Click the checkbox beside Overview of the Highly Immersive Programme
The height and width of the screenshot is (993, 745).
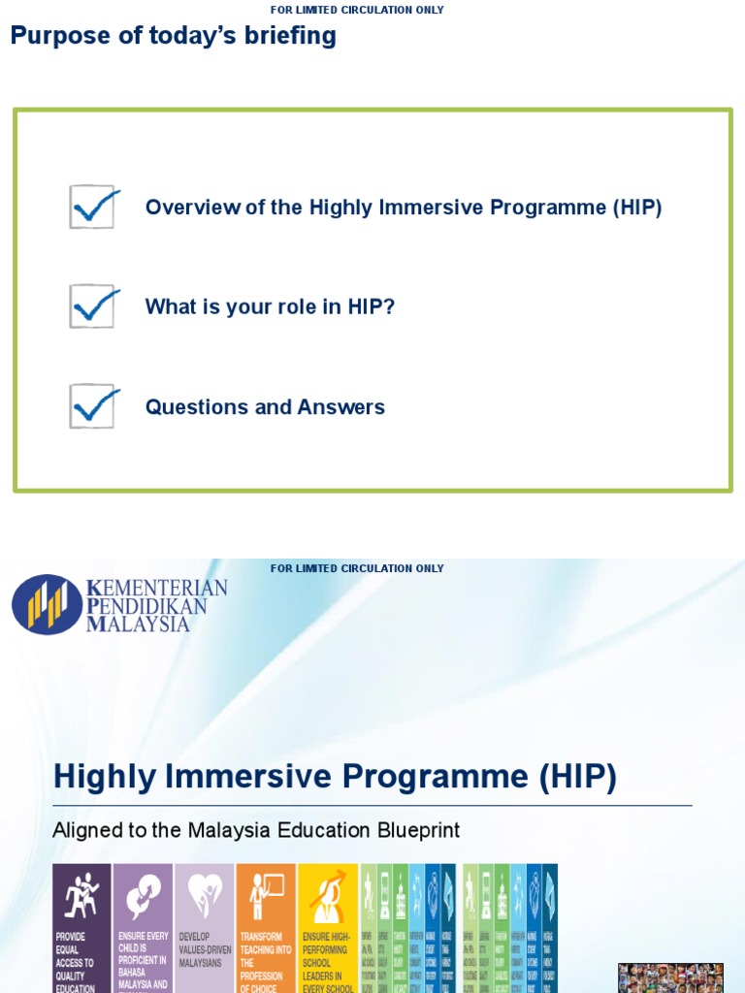93,208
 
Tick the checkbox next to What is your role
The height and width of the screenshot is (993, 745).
93,306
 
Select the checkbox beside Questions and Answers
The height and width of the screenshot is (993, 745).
93,406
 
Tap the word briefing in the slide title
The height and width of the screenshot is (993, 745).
289,36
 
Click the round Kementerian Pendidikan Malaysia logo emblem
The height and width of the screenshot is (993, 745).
47,604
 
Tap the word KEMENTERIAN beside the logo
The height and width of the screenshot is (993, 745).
157,588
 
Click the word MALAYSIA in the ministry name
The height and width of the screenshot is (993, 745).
139,624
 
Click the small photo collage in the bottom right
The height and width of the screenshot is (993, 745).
670,977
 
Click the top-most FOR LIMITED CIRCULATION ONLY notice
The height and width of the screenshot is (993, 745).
357,10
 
